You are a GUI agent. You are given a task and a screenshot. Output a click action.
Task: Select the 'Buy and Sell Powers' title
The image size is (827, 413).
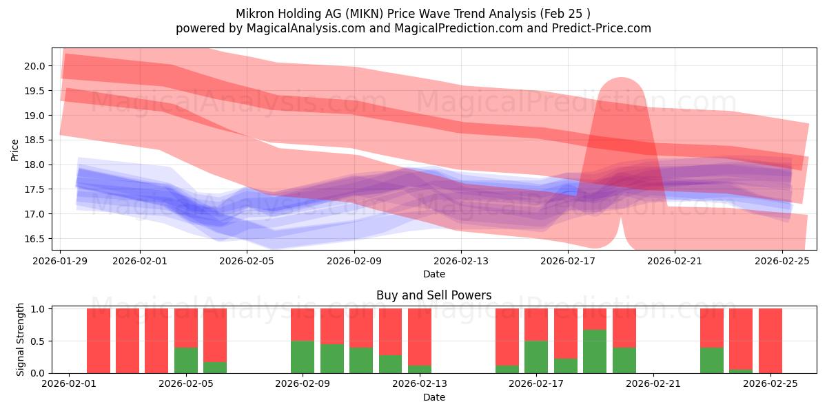click(433, 295)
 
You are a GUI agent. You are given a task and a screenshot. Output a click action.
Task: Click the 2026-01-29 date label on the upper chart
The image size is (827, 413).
click(61, 262)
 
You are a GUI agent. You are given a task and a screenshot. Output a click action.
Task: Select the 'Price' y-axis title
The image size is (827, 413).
click(15, 149)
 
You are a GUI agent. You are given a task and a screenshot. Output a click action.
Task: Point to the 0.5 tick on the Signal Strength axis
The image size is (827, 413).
click(39, 341)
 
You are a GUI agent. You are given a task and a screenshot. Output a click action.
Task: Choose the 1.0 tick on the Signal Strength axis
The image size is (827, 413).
click(39, 309)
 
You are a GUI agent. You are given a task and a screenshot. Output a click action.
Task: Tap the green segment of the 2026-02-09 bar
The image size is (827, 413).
click(303, 357)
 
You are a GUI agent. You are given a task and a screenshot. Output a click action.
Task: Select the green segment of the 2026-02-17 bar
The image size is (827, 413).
click(536, 357)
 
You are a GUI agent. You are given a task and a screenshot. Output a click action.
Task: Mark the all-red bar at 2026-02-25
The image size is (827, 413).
click(770, 341)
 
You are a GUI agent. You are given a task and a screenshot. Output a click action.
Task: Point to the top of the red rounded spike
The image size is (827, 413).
click(621, 78)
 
